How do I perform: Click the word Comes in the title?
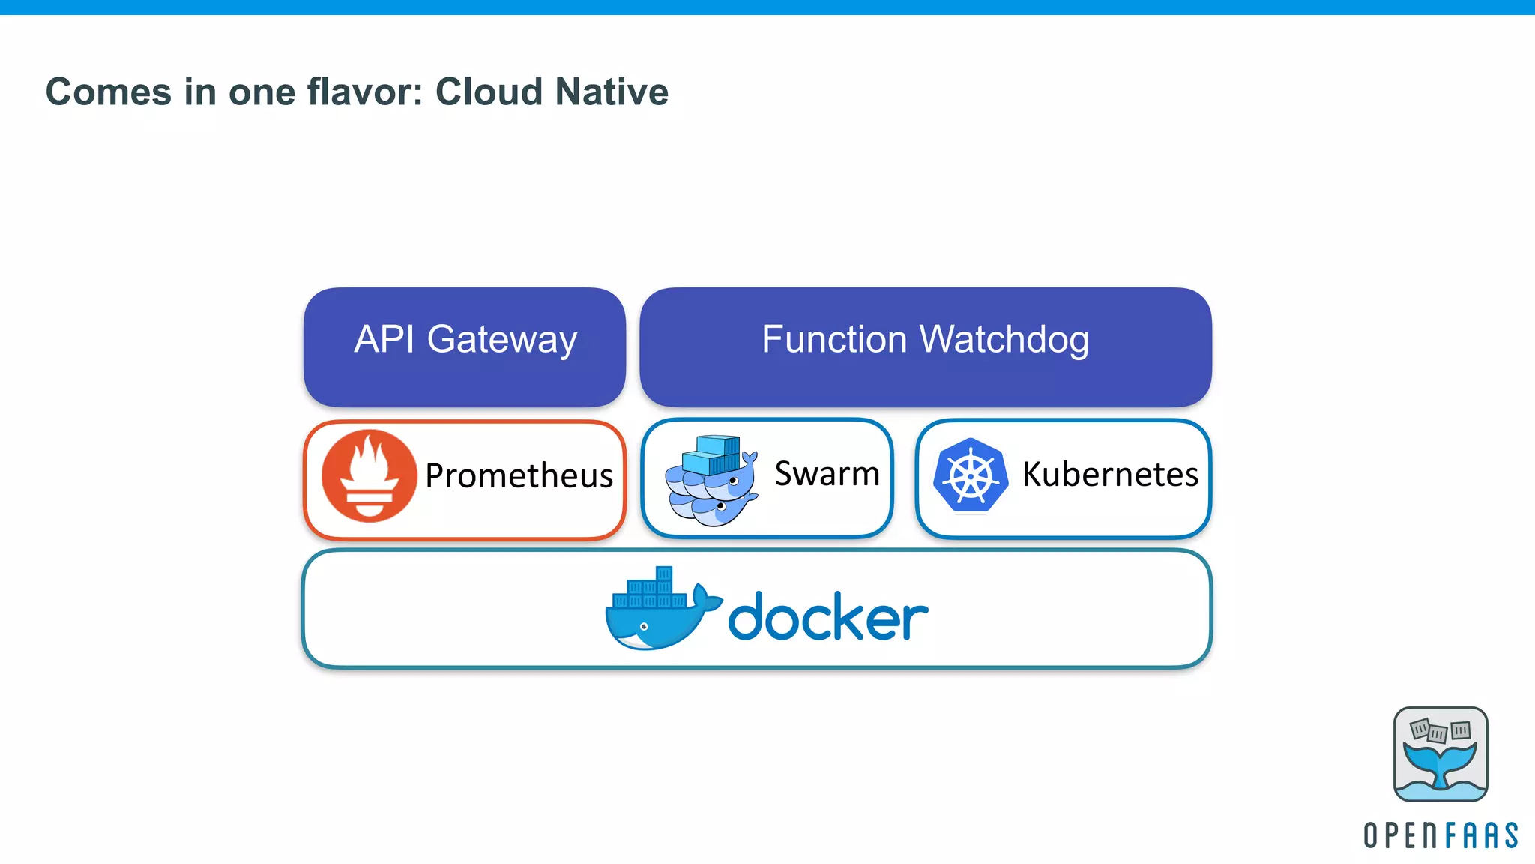109,92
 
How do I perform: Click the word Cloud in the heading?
489,92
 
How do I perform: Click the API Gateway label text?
465,339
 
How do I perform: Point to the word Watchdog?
1004,339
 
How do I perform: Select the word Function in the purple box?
834,339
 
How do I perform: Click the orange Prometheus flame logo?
369,476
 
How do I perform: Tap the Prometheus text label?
519,476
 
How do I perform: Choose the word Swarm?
827,474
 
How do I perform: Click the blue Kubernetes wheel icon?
970,475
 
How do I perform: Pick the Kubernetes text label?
1110,475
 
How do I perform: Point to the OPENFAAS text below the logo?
1440,835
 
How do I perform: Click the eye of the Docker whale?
643,626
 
